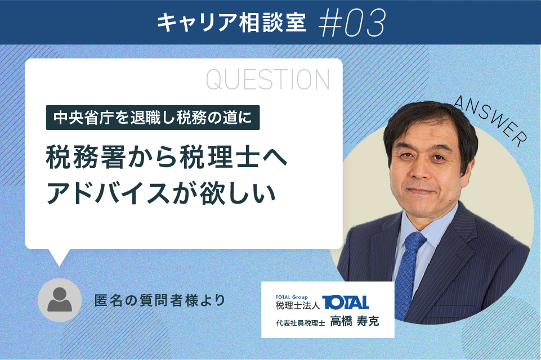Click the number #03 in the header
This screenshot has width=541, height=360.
click(352, 22)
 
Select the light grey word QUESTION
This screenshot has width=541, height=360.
click(268, 80)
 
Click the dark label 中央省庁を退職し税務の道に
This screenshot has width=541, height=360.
click(153, 118)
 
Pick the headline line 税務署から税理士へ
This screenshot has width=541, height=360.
click(166, 157)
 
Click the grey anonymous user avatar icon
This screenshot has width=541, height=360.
click(60, 300)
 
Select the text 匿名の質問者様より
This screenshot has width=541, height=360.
click(160, 300)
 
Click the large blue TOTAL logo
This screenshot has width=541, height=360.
click(345, 303)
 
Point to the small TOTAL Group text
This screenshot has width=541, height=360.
click(292, 297)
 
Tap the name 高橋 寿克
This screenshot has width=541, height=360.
click(355, 321)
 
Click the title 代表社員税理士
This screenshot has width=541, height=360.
click(301, 323)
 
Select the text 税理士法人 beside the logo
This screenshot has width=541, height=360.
click(297, 305)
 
